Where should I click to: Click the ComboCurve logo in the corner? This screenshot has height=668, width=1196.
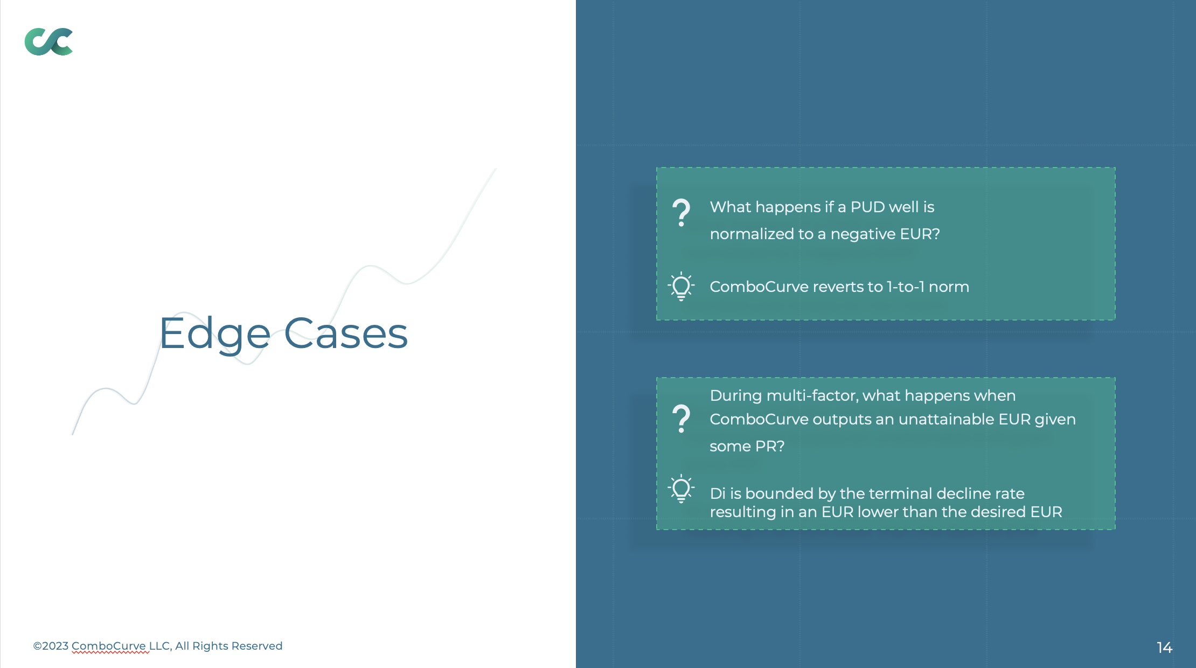coord(48,41)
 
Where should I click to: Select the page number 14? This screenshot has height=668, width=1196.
coord(1164,648)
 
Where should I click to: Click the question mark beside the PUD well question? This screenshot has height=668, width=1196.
coord(681,213)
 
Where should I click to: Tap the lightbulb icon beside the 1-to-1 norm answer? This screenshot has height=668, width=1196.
coord(681,286)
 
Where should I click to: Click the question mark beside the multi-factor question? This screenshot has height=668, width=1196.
coord(681,419)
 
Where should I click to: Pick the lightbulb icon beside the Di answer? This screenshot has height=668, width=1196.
coord(681,489)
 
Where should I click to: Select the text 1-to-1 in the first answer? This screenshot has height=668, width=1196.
coord(906,287)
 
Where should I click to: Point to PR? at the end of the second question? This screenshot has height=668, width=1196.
coord(770,446)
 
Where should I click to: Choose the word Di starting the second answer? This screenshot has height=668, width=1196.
coord(718,493)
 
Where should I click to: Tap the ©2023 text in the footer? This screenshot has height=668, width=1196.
coord(51,646)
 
